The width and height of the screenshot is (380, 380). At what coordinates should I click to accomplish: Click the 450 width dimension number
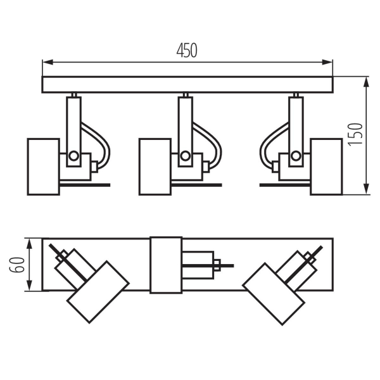(x=187, y=51)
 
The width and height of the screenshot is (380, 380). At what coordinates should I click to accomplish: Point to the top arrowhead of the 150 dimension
(x=367, y=80)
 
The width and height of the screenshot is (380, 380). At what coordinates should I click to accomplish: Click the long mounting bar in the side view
(x=187, y=85)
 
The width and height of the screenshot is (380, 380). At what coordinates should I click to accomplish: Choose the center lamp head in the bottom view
(x=165, y=265)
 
